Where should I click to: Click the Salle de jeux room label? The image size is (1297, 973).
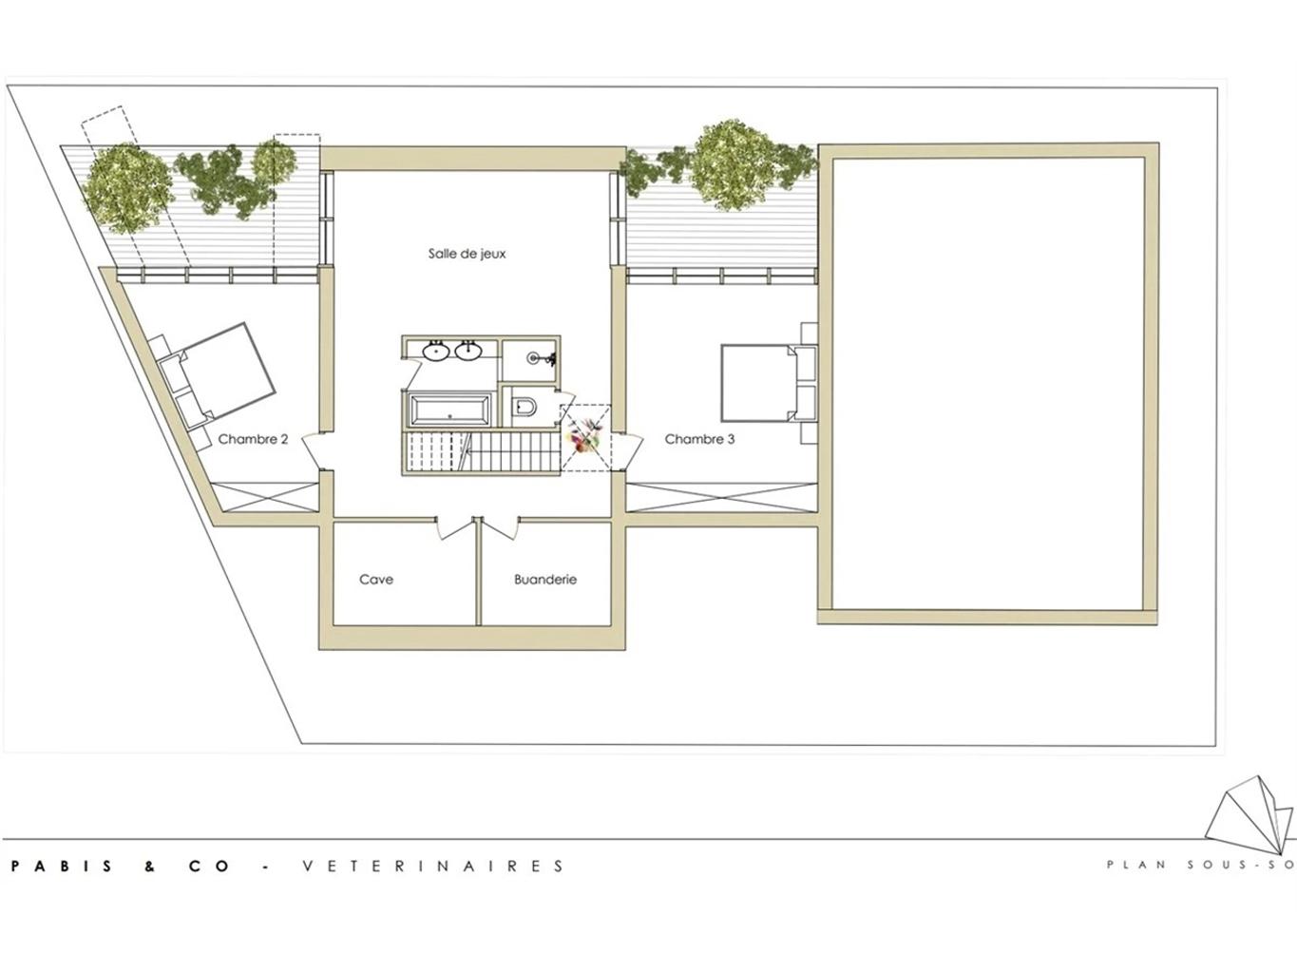click(467, 254)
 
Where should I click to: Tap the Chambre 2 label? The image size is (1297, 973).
click(253, 439)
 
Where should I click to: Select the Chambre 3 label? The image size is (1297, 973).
click(699, 439)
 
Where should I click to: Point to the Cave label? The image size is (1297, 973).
click(376, 580)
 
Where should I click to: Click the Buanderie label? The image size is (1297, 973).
click(544, 580)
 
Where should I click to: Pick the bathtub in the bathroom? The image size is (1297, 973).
click(450, 409)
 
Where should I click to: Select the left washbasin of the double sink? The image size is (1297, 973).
click(436, 351)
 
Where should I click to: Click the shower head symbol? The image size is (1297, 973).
click(542, 357)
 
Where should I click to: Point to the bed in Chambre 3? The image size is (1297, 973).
click(769, 383)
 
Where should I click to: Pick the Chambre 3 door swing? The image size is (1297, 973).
click(628, 452)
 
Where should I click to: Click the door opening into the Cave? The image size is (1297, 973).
click(455, 527)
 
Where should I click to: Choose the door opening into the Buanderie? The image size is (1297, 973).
click(500, 527)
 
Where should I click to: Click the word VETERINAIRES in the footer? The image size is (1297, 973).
click(433, 866)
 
